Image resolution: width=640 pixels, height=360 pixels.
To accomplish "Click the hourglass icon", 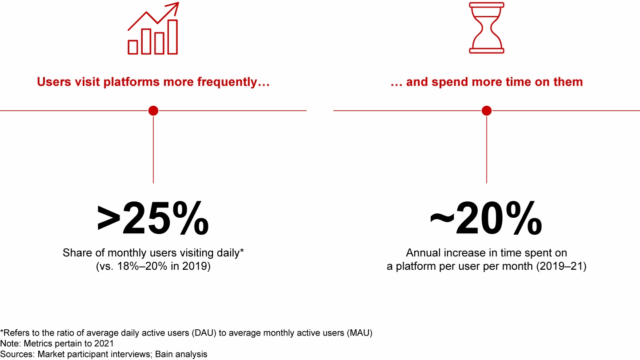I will [487, 28].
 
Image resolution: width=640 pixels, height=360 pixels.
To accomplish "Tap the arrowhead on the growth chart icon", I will [174, 6].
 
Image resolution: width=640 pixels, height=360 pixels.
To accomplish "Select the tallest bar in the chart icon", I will [172, 37].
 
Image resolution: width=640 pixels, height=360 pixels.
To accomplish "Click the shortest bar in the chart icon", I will [133, 47].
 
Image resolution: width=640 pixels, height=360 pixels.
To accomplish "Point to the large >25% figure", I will [153, 220].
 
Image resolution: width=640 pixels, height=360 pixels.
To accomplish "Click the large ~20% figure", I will [486, 220].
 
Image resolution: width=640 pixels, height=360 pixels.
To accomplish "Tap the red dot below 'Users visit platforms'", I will [153, 111].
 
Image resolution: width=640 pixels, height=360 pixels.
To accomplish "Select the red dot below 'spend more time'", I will [487, 111].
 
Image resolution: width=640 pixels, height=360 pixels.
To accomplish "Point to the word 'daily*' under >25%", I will [228, 253].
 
